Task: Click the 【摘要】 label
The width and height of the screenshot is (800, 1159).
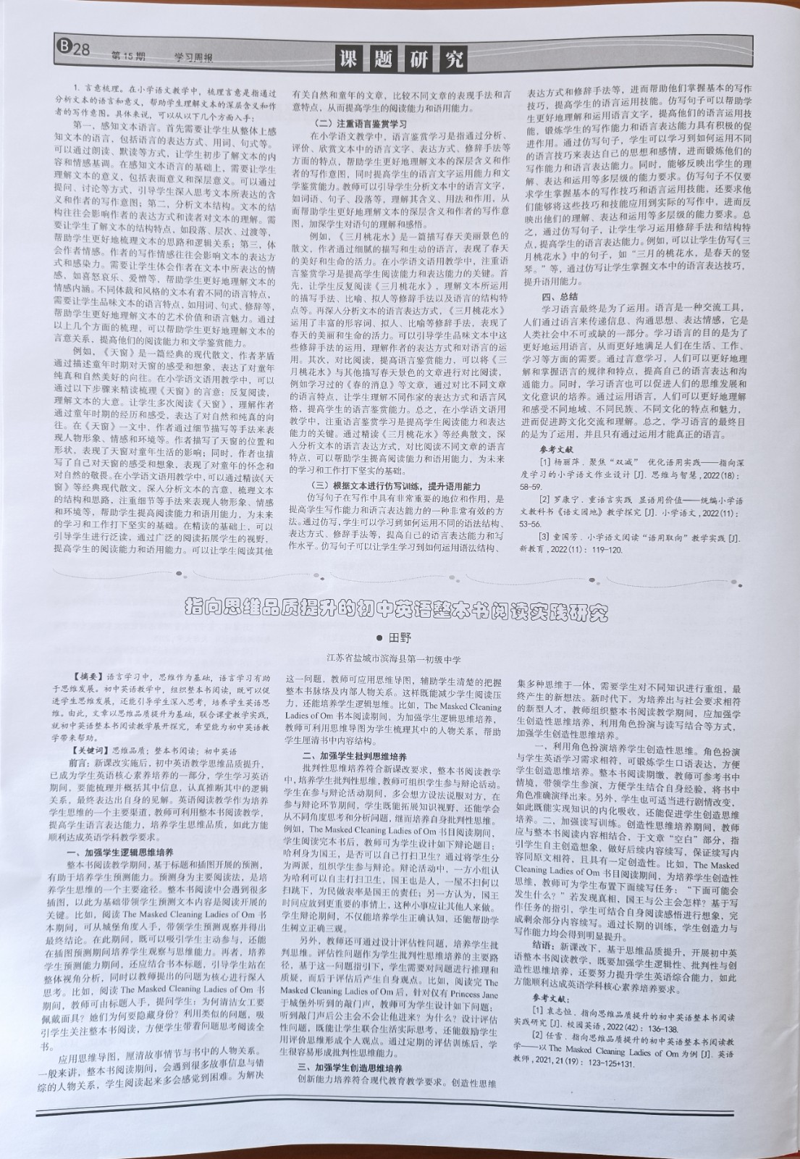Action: [82, 675]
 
